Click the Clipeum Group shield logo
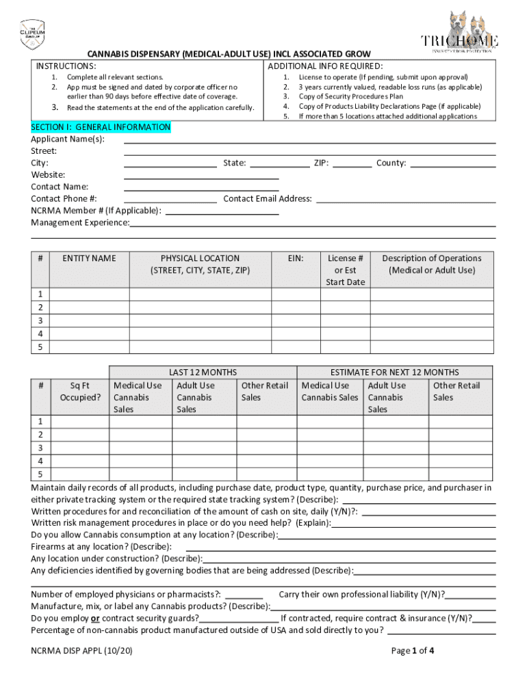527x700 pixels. [31, 34]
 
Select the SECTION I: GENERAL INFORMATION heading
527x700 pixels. [101, 127]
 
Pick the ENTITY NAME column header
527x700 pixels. [89, 258]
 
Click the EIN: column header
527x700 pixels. [296, 258]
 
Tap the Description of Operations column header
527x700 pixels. [431, 264]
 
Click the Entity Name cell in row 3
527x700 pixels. [89, 321]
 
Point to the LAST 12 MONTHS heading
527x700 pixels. [203, 373]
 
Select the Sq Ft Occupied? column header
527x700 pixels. [80, 392]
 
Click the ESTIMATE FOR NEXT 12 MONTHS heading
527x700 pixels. [394, 373]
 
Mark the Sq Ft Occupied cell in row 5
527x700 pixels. [80, 474]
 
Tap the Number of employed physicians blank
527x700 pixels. [243, 595]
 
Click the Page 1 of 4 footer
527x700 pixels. [412, 651]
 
